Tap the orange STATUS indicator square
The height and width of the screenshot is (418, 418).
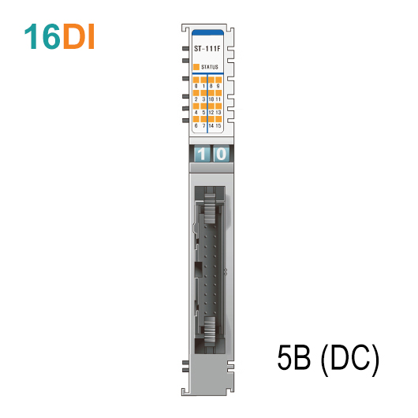pyautogui.click(x=196, y=68)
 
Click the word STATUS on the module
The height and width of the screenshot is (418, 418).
pyautogui.click(x=211, y=68)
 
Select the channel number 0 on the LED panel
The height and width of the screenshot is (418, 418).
pyautogui.click(x=196, y=85)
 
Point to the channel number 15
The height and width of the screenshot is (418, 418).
pyautogui.click(x=218, y=126)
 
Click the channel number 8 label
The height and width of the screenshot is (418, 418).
pyautogui.click(x=209, y=85)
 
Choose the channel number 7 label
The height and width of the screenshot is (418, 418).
pyautogui.click(x=204, y=126)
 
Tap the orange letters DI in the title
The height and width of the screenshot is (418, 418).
pyautogui.click(x=79, y=37)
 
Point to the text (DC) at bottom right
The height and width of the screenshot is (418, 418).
pyautogui.click(x=351, y=360)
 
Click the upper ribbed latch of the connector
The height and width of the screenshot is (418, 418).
pyautogui.click(x=209, y=206)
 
